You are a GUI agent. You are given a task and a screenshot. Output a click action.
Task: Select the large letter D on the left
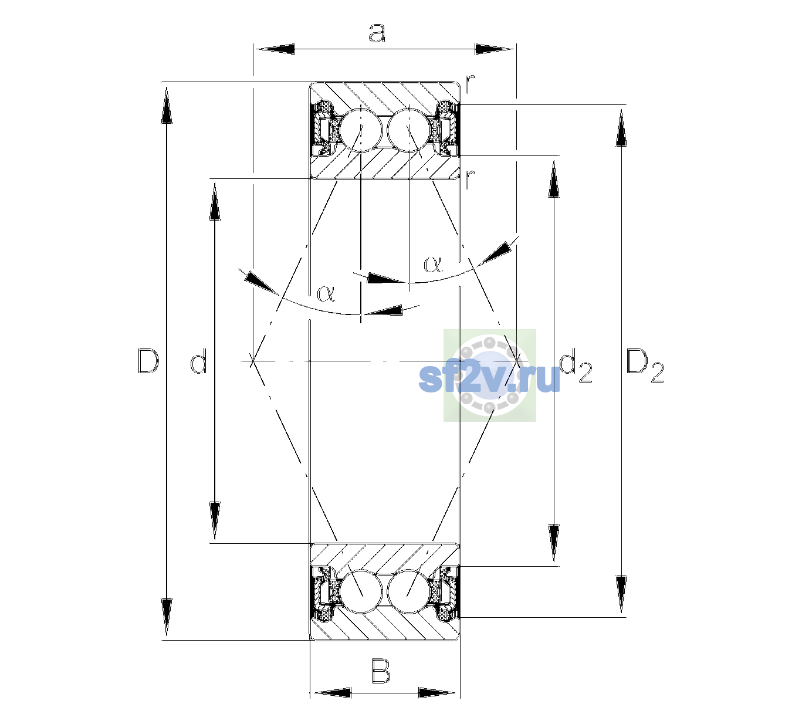tap(148, 361)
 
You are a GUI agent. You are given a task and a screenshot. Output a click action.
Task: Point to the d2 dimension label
tap(576, 368)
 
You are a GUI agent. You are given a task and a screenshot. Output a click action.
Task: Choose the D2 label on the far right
tap(645, 367)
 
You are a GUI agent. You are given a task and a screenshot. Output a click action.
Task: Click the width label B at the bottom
tap(381, 671)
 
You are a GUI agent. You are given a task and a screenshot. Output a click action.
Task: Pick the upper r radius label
tap(471, 84)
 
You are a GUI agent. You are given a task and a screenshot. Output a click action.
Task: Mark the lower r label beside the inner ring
tap(471, 180)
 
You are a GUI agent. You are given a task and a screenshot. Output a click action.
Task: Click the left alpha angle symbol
tap(326, 293)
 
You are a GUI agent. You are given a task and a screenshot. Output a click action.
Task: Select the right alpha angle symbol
tap(433, 264)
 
